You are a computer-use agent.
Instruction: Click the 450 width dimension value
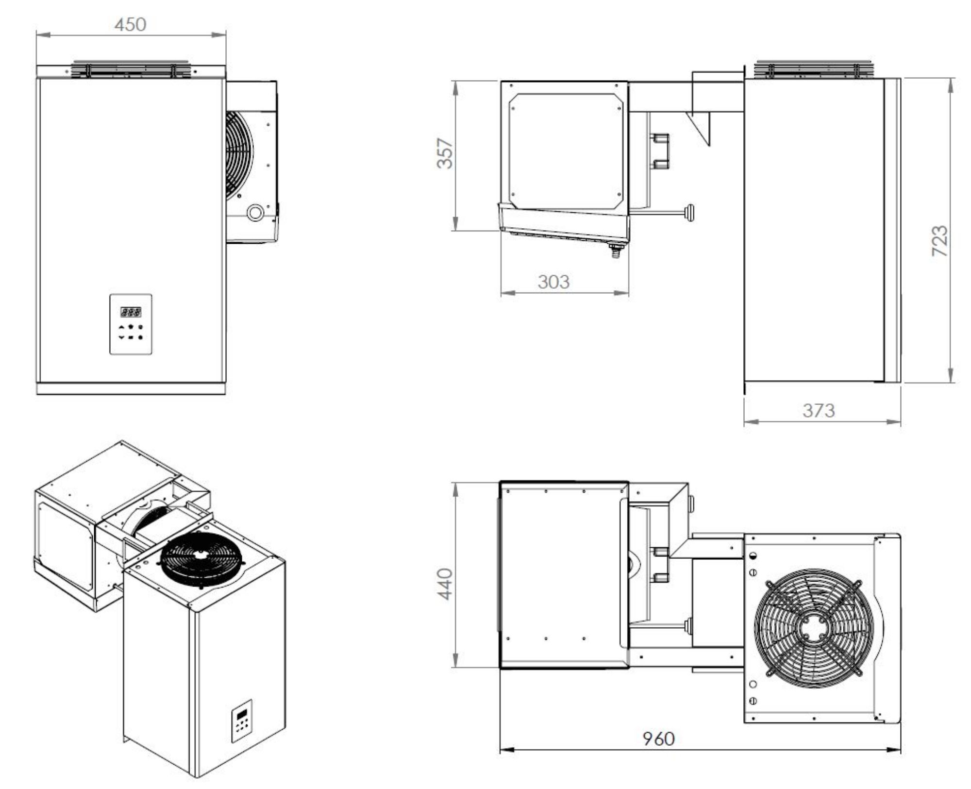(x=130, y=24)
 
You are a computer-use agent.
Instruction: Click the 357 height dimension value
(x=445, y=153)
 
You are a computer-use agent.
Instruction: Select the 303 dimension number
(x=553, y=282)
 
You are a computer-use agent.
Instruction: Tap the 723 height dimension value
(x=939, y=241)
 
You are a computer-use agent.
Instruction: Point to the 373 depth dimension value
(x=819, y=411)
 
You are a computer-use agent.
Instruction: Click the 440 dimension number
(x=445, y=584)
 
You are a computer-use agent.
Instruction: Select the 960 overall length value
(x=659, y=739)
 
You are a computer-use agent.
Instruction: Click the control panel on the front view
(x=131, y=324)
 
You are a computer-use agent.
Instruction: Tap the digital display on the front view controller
(x=131, y=312)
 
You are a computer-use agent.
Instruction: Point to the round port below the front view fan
(x=255, y=212)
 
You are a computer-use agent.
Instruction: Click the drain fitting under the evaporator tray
(x=616, y=252)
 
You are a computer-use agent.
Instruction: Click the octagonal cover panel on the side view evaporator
(x=566, y=151)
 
